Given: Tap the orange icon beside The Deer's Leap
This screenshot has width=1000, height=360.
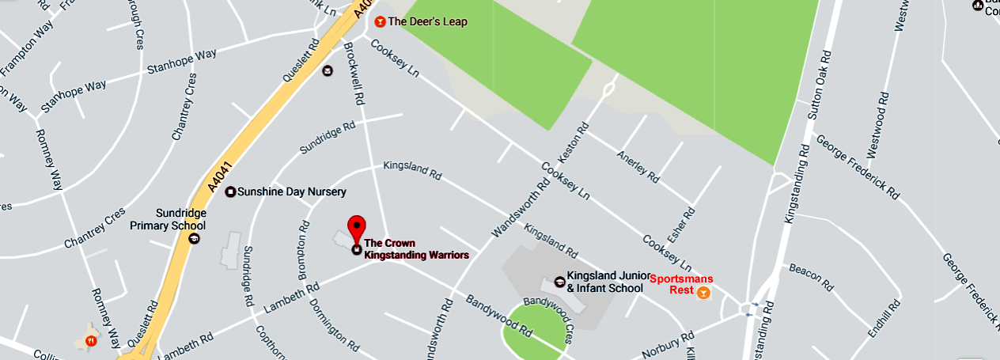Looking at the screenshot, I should (381, 21).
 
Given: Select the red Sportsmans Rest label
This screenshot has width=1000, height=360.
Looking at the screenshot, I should (680, 284).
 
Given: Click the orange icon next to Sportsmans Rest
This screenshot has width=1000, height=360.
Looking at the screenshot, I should (703, 293).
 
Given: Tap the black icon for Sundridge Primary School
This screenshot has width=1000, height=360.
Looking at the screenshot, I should (195, 237).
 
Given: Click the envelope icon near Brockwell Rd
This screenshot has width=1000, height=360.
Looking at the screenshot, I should (327, 70).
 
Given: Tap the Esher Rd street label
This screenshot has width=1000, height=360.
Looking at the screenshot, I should (690, 224).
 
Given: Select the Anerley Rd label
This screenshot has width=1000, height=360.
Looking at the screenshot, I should (638, 167).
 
